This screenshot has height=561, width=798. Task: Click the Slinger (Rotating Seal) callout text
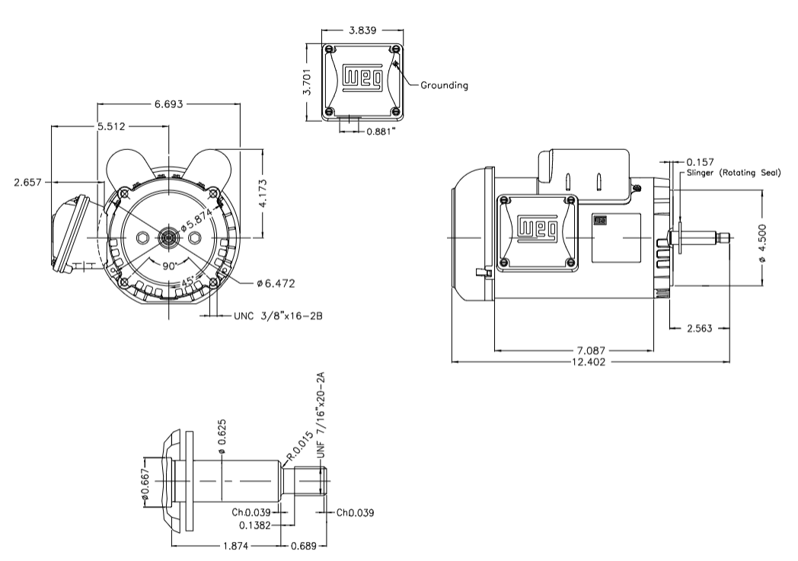click(733, 173)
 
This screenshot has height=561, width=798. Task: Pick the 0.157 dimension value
click(700, 162)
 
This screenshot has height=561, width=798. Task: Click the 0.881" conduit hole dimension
click(381, 131)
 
